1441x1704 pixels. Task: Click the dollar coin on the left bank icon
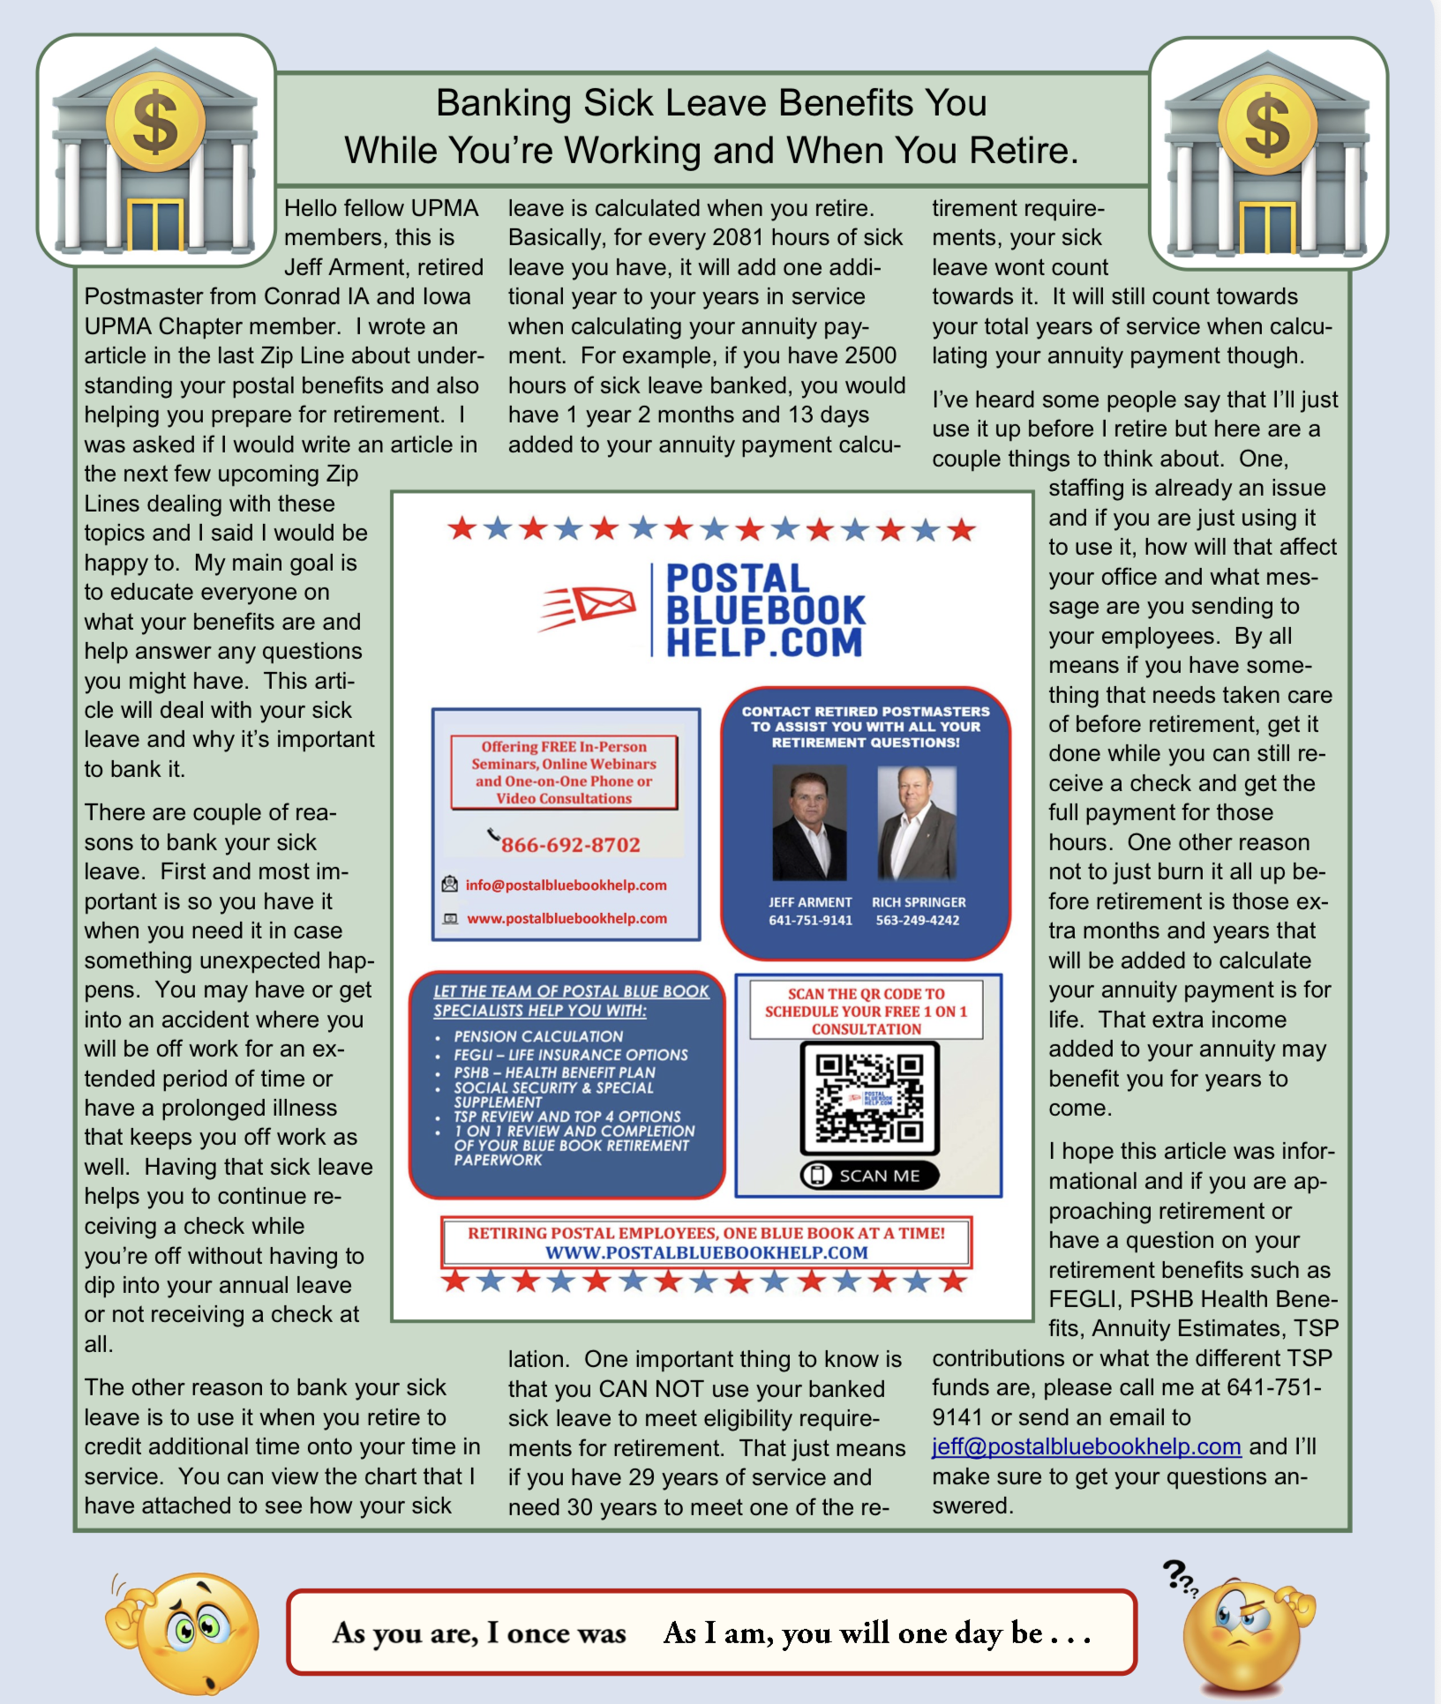[154, 123]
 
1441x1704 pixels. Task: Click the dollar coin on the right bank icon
[1266, 124]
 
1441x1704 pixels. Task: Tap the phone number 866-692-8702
[570, 845]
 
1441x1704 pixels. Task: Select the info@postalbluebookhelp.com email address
[566, 886]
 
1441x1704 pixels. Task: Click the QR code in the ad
[869, 1098]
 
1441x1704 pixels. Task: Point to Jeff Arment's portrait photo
[809, 824]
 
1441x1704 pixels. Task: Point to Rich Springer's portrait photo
[917, 824]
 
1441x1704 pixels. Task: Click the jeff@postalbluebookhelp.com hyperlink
[1086, 1447]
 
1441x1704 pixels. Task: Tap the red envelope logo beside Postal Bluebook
[589, 608]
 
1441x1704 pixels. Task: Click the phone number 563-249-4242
[917, 921]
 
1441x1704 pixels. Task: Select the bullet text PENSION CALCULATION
[538, 1036]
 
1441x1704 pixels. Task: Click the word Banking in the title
[505, 103]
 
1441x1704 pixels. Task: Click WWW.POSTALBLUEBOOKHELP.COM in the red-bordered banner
[706, 1252]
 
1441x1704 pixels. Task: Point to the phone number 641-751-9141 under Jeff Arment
[810, 921]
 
